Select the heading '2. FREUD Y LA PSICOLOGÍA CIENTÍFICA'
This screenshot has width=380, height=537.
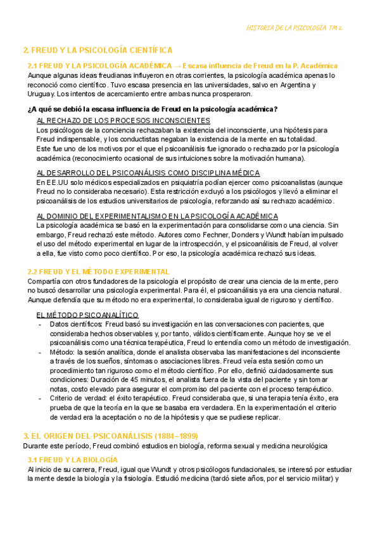(x=98, y=50)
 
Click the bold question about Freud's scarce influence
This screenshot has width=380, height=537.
(x=153, y=108)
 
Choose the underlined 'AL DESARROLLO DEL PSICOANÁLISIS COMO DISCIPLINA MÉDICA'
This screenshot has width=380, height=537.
(x=148, y=173)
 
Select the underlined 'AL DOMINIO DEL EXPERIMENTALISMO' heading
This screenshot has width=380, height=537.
(x=158, y=216)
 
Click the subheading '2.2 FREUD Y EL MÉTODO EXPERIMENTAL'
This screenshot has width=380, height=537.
(x=99, y=272)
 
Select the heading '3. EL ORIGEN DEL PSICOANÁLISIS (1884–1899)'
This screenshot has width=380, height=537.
(x=110, y=436)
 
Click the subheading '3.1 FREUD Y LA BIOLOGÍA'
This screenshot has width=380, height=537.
(x=73, y=459)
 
